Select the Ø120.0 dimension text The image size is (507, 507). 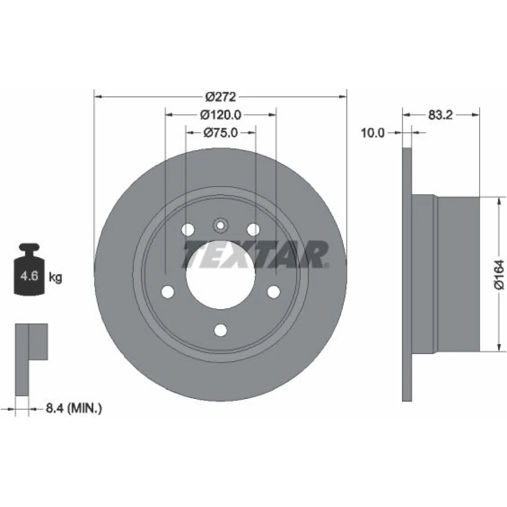tap(221, 115)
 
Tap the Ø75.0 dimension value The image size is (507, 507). tap(221, 132)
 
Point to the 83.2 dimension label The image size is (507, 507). tap(441, 115)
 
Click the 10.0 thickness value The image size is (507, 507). tap(373, 132)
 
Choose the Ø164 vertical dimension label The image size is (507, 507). tap(499, 274)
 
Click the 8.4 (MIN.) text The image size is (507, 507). tap(74, 408)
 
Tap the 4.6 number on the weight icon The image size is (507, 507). tap(29, 276)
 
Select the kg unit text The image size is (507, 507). tap(55, 277)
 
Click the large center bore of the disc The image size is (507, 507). tap(221, 275)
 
